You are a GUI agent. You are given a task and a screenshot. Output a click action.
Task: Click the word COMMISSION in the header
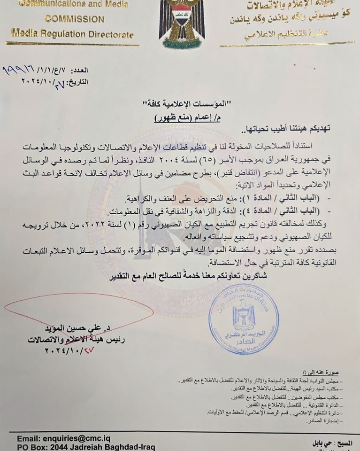[74, 19]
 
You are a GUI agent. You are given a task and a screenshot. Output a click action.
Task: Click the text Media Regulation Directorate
[72, 35]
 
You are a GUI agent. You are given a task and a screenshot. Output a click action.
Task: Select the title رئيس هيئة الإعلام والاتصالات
[66, 339]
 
